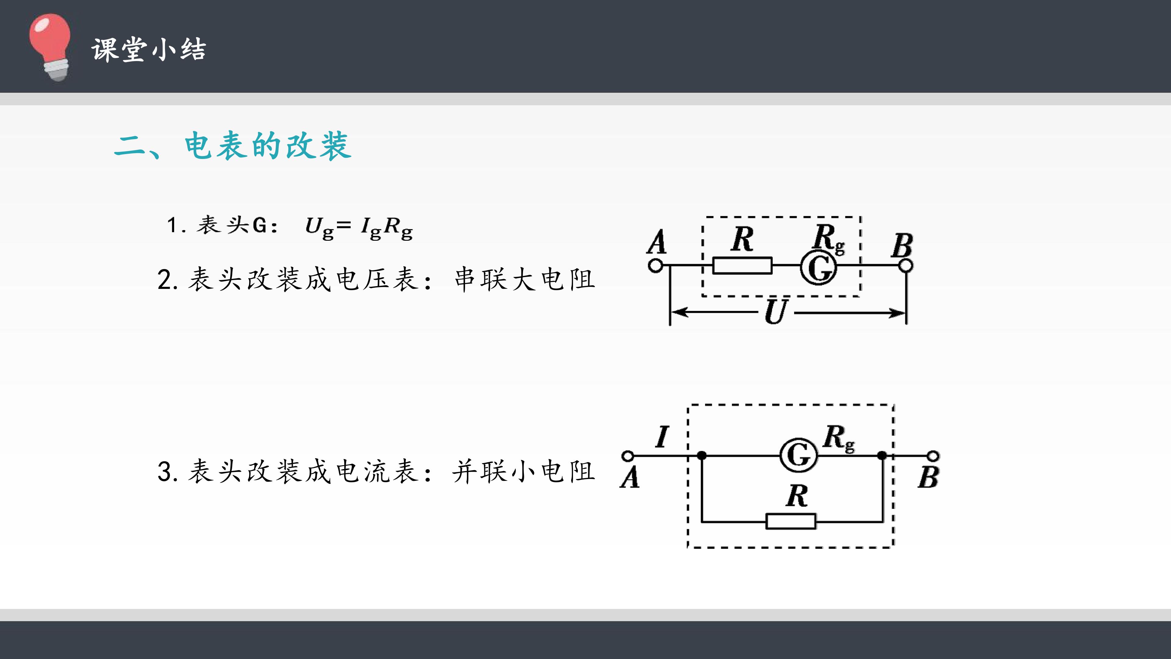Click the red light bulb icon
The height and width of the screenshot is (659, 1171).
50,47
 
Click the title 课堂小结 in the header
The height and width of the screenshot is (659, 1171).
149,49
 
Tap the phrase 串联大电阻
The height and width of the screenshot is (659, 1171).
525,279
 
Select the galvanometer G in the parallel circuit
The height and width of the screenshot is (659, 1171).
799,455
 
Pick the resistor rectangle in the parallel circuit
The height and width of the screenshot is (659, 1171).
791,521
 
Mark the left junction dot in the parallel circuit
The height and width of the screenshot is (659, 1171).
702,455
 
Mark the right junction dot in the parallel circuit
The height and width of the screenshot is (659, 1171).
882,455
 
